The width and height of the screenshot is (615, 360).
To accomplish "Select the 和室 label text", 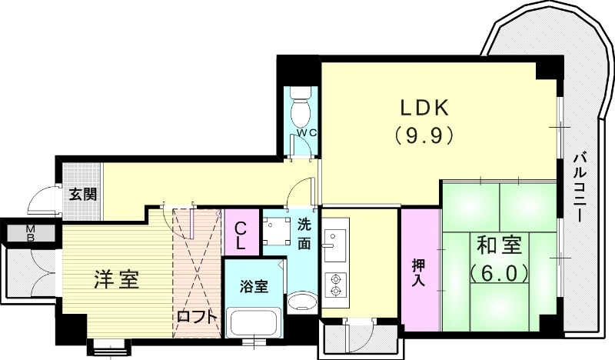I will (500, 247).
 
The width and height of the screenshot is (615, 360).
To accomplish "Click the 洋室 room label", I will (117, 279).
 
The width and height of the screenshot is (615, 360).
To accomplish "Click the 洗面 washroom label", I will (305, 235).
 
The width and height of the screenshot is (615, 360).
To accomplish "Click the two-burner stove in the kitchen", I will (334, 285).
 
